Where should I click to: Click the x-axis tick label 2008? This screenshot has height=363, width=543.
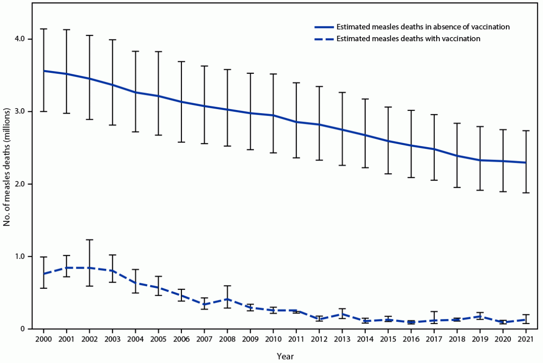[x=227, y=338]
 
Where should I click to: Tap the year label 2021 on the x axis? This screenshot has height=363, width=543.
[x=526, y=338]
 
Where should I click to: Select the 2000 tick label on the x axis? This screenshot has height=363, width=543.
[x=44, y=338]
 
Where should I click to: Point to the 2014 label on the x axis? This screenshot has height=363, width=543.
[x=365, y=338]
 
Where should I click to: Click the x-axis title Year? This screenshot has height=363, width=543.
[x=285, y=356]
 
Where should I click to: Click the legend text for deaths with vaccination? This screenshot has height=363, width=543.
[x=408, y=39]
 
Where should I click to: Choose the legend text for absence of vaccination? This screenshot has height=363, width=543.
[x=422, y=27]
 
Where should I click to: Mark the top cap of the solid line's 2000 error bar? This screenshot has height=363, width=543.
[x=44, y=29]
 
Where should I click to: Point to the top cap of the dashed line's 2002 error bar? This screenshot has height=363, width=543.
[x=89, y=240]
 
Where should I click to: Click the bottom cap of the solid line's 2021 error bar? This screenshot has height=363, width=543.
[x=526, y=193]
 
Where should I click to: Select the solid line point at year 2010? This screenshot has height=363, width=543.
[x=273, y=115]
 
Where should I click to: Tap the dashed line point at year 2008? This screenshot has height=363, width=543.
[x=227, y=299]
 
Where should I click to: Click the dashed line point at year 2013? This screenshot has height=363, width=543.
[x=342, y=314]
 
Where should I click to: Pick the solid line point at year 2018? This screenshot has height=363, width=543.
[x=457, y=156]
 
